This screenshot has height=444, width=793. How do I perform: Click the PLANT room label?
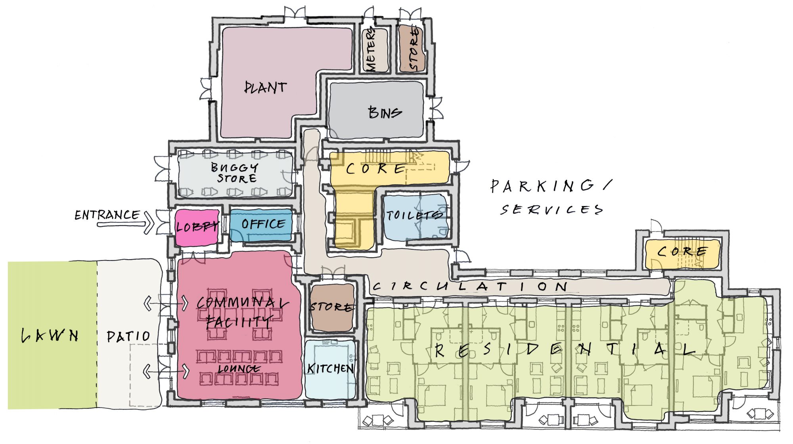[265, 87]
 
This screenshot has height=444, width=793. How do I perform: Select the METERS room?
[374, 50]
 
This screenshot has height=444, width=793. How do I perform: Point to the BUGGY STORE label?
[235, 173]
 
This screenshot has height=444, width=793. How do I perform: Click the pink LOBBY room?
[197, 227]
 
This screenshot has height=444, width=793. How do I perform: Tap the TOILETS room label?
[414, 215]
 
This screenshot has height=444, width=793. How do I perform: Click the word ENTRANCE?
[107, 215]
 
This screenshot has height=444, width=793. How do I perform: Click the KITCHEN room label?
[330, 369]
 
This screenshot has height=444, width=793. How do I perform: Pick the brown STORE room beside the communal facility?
[331, 307]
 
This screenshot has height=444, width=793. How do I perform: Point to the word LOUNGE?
[239, 369]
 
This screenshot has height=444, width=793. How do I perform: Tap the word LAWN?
[50, 336]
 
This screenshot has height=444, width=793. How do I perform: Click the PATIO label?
[128, 337]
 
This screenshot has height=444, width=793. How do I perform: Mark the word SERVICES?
[552, 209]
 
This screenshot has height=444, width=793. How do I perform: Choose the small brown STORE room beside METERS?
[413, 49]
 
